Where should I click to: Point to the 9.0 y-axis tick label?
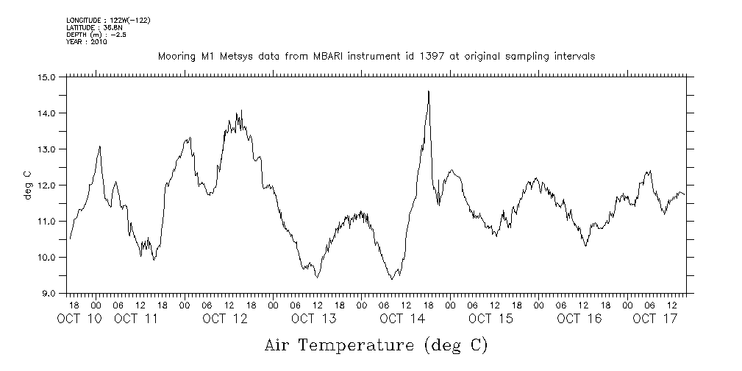tap(49, 293)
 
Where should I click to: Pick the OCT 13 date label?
tap(313, 319)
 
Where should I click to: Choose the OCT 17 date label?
tap(654, 319)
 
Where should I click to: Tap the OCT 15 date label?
tap(490, 319)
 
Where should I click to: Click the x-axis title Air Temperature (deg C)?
tap(376, 344)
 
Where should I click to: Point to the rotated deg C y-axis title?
tap(28, 185)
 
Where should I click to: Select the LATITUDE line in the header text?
tap(88, 26)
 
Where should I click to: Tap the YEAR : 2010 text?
tap(87, 41)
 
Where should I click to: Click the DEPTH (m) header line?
tap(96, 34)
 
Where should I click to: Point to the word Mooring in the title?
tap(174, 57)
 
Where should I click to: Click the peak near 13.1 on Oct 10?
tap(99, 146)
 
